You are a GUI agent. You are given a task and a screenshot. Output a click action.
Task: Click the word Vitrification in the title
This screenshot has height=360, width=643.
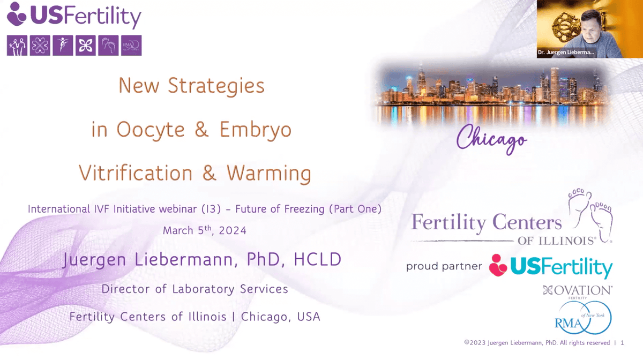click(x=136, y=173)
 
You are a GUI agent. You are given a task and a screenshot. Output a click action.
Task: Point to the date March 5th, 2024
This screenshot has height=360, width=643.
click(x=205, y=231)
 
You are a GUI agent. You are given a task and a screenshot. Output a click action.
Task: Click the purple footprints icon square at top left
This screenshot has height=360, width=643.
click(x=108, y=46)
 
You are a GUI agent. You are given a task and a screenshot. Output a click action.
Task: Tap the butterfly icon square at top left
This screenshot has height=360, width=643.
click(x=86, y=46)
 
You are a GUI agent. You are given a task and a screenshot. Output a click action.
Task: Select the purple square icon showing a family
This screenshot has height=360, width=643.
click(x=17, y=46)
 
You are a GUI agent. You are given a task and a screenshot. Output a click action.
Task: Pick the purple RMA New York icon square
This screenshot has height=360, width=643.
click(x=131, y=46)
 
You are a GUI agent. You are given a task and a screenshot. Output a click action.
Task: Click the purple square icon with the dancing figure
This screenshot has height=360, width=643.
click(x=63, y=46)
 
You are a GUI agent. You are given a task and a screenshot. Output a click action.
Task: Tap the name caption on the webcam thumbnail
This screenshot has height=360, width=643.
click(x=566, y=52)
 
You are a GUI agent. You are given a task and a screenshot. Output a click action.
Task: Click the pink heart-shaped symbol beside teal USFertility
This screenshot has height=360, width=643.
click(x=498, y=265)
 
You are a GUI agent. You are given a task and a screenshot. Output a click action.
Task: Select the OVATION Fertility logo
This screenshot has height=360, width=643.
click(x=577, y=291)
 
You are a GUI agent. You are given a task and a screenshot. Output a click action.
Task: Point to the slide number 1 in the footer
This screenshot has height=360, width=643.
click(x=622, y=343)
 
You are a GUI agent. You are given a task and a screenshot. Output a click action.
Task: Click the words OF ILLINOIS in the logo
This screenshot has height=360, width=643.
click(x=556, y=241)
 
